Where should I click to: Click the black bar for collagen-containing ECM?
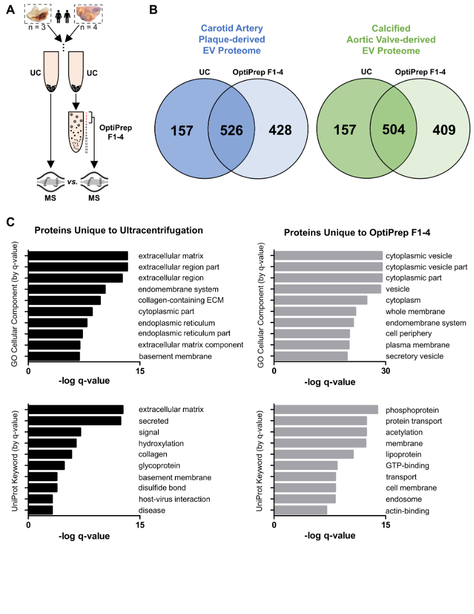pos(64,300)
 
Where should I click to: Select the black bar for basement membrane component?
pos(54,356)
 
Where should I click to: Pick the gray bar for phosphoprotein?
pos(327,410)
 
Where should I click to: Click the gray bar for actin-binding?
pos(301,510)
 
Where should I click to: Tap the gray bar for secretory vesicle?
pos(311,356)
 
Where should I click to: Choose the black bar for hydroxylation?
pos(52,443)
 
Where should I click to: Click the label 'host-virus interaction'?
pos(174,499)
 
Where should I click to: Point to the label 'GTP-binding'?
pos(407,466)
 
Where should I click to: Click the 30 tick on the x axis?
pos(385,372)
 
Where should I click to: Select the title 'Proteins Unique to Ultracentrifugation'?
pos(118,230)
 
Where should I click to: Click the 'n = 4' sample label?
pos(86,28)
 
